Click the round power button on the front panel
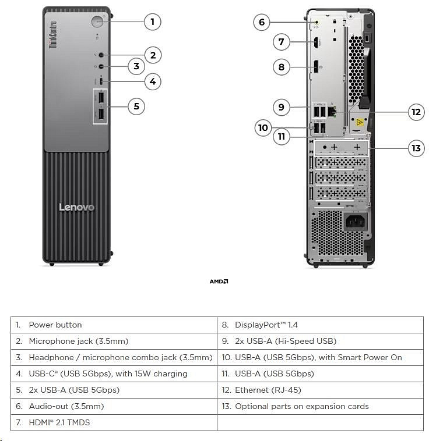pos(97,22)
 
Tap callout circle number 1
pos(152,22)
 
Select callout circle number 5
pos(136,106)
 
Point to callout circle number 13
pos(416,148)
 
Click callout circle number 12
pos(416,112)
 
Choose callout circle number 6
pos(261,22)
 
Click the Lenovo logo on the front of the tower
pos(76,207)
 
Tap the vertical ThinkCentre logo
pos(54,35)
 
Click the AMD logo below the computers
pos(219,282)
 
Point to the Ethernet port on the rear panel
pos(333,111)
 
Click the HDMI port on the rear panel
pos(315,42)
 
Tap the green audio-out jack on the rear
pos(317,23)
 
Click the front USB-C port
pos(101,81)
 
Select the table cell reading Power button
pos(114,325)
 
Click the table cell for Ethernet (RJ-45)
pos(320,390)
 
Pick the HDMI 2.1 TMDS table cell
pos(114,422)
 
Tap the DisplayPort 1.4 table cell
pos(320,325)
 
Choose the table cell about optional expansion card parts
pos(320,406)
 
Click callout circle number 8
pos(281,67)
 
